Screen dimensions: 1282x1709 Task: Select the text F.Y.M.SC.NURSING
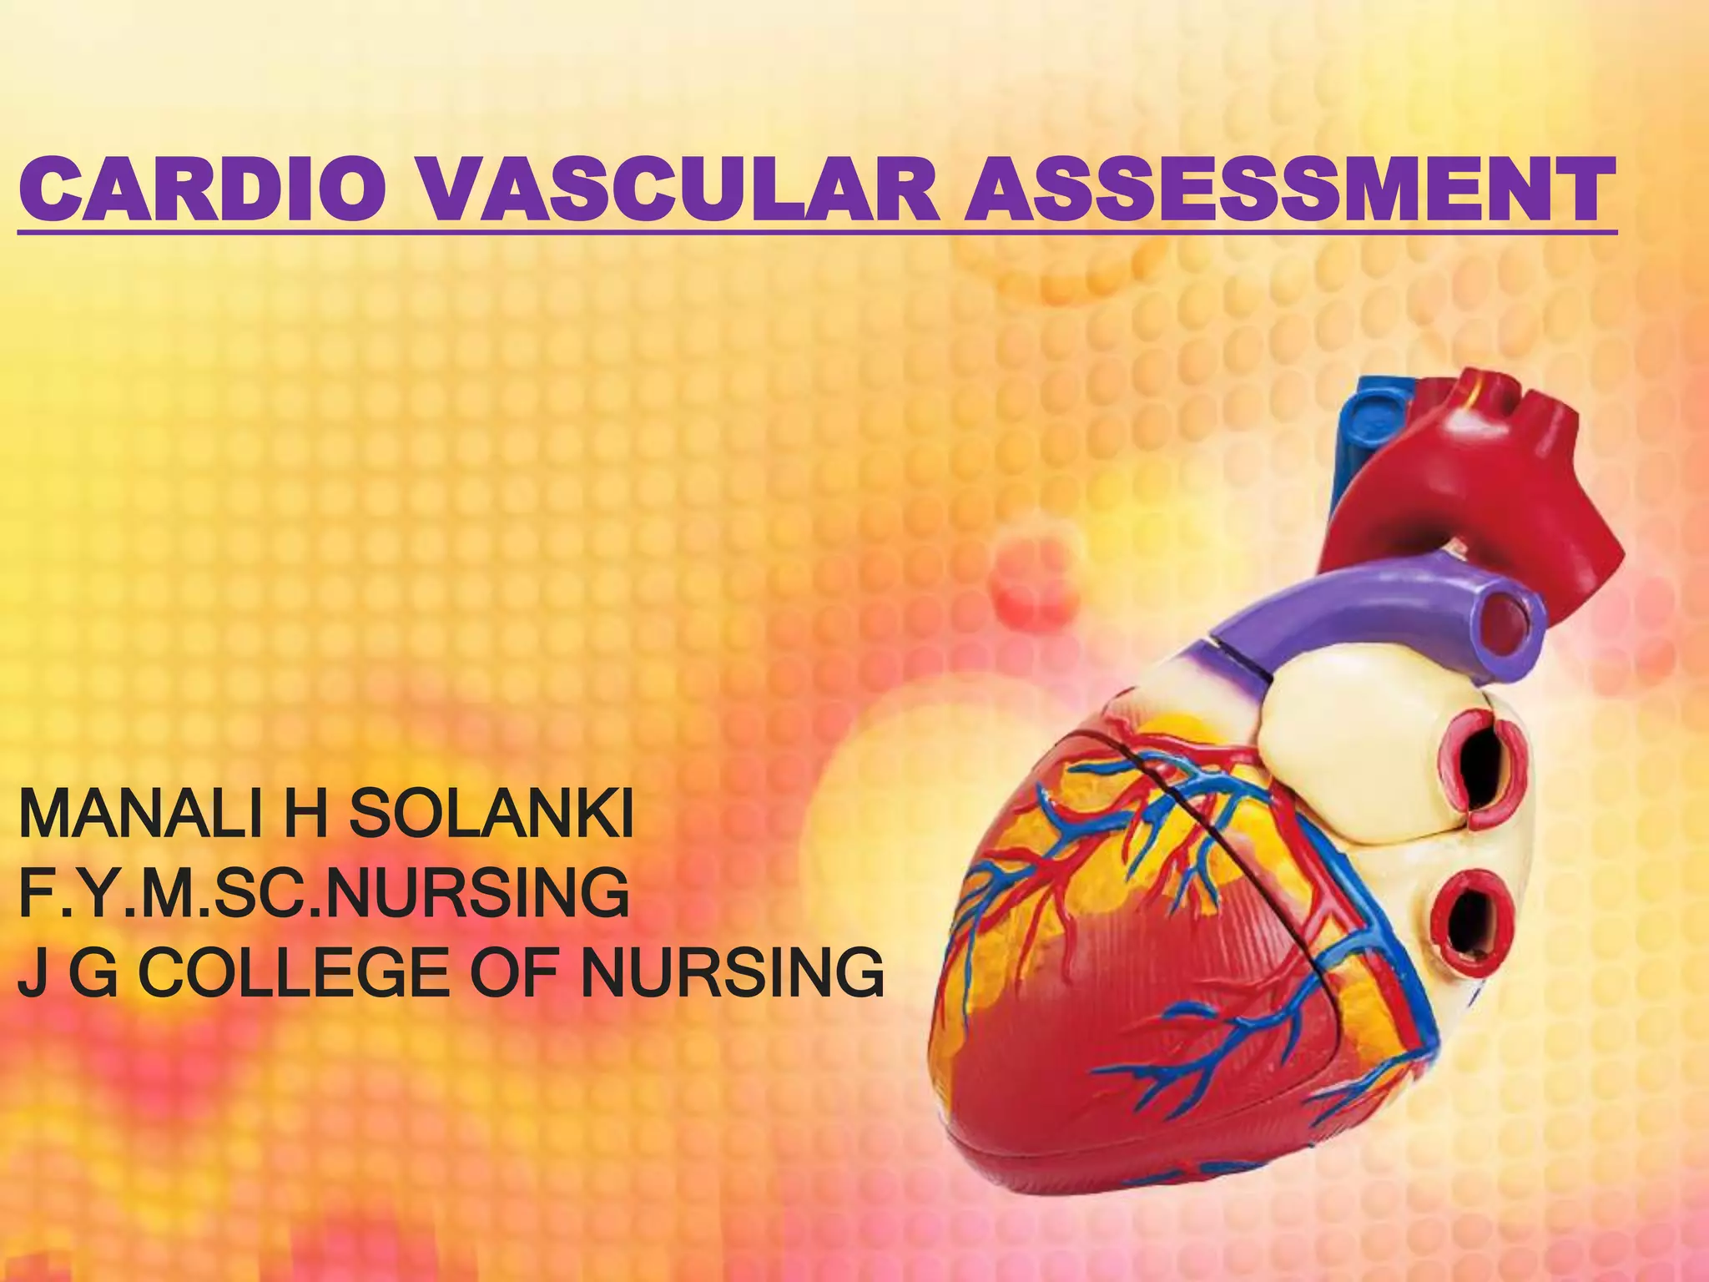(x=324, y=892)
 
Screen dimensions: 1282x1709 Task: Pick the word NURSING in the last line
(x=732, y=972)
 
